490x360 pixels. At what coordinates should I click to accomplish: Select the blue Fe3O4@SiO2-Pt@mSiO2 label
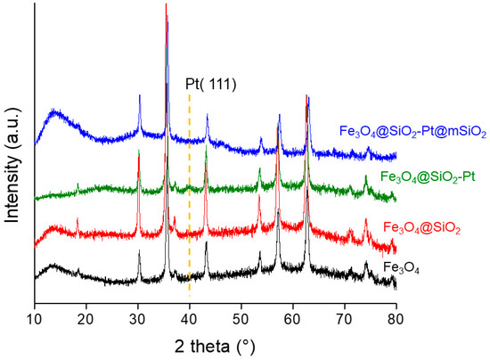point(412,133)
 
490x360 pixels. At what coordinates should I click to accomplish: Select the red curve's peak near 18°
point(78,218)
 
